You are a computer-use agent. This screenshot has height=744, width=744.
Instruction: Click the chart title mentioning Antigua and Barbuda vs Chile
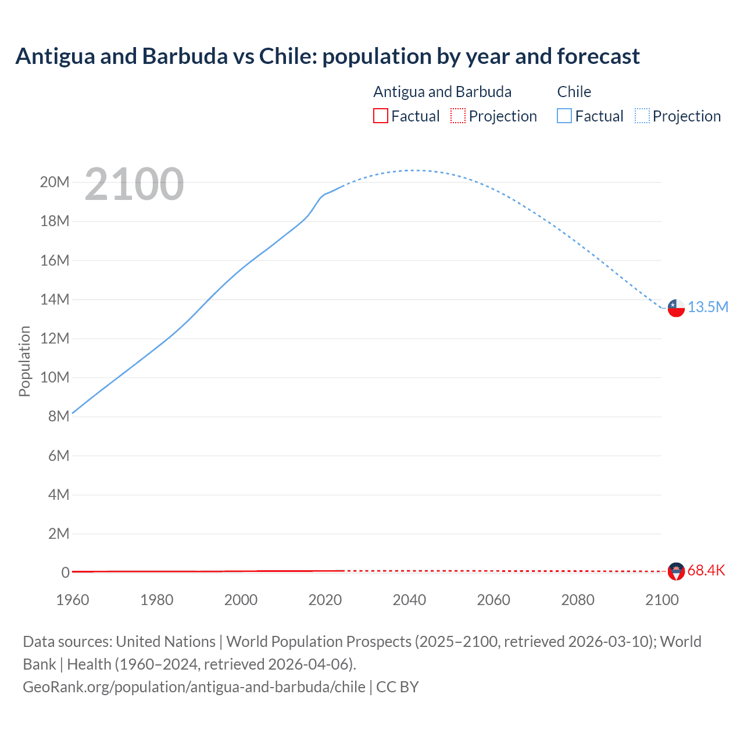327,56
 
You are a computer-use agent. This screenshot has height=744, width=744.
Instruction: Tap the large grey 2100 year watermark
134,184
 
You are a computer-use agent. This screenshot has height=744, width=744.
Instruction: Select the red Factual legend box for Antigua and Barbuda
380,116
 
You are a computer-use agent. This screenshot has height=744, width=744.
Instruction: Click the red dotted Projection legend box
458,116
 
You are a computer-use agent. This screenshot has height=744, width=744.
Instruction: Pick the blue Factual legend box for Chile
564,116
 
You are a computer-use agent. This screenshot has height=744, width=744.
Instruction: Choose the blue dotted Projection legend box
642,116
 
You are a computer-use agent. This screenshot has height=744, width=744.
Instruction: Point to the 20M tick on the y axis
55,183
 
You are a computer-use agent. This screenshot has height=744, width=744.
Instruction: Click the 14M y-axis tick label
55,300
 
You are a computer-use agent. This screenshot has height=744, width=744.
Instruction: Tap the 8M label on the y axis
59,417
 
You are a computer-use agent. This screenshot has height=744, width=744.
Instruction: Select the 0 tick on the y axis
65,573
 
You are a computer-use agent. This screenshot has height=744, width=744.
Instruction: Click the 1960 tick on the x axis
73,600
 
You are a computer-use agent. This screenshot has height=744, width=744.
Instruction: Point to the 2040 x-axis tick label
409,600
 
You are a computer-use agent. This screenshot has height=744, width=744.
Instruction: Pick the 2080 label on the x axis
578,600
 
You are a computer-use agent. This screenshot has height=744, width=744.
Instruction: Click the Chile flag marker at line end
676,308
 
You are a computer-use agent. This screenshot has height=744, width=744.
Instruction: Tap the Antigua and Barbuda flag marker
676,571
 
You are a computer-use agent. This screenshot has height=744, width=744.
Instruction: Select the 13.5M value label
708,307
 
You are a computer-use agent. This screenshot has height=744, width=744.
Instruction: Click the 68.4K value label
706,571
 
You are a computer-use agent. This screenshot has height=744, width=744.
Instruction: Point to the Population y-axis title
24,362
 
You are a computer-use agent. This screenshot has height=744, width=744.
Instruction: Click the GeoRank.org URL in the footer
194,687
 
